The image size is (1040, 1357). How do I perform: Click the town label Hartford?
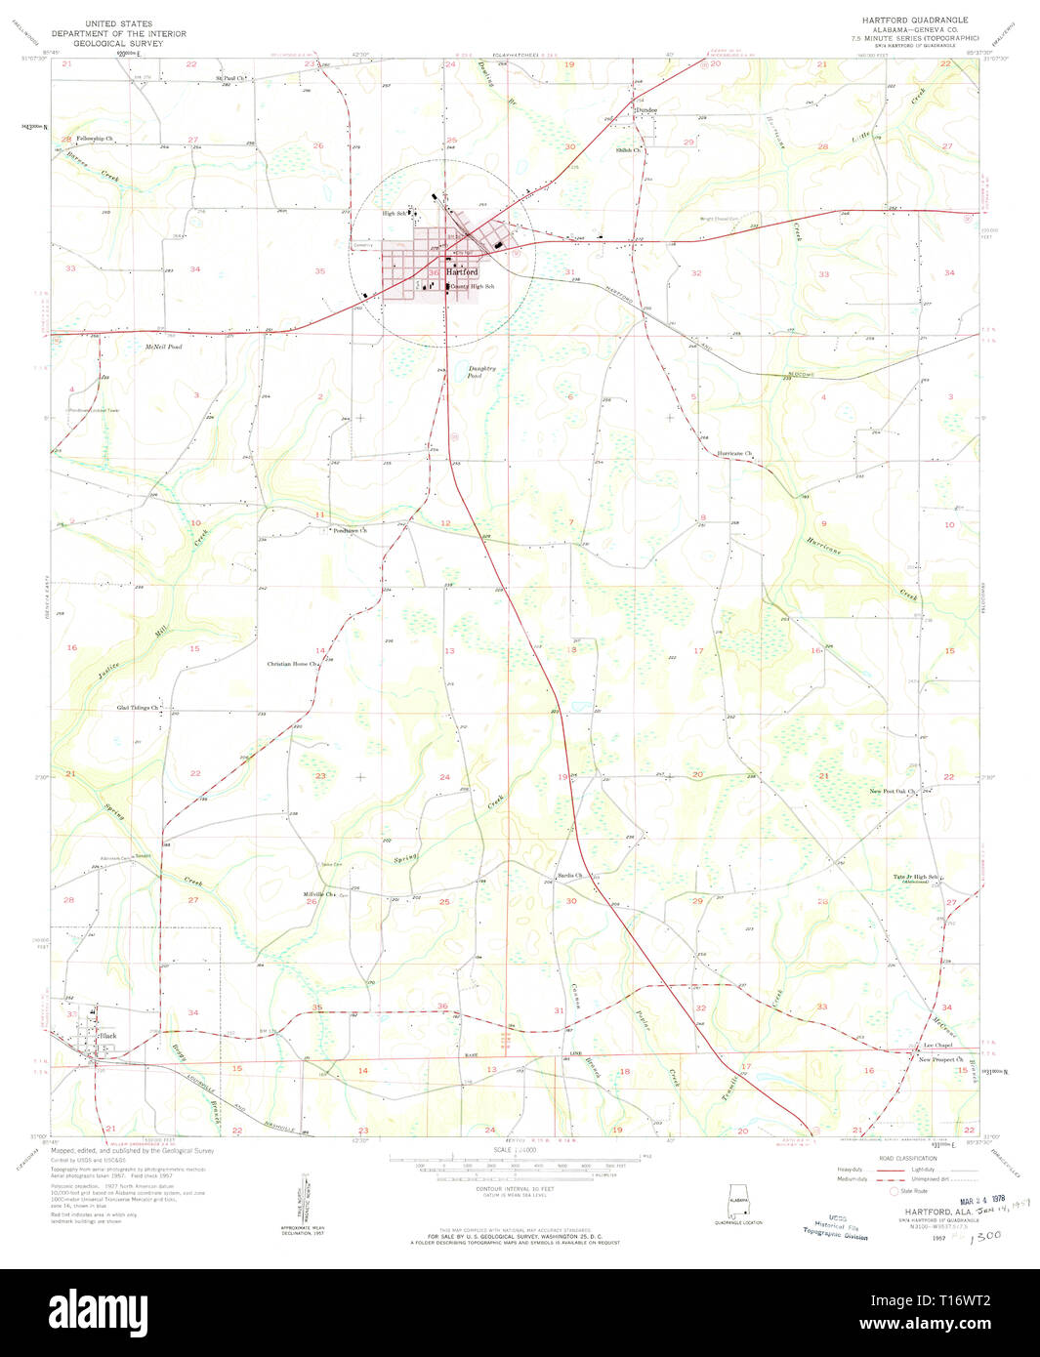[462, 272]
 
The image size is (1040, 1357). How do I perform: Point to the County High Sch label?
[473, 287]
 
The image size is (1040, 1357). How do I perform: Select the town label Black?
[107, 1035]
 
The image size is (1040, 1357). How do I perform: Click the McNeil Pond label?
[163, 347]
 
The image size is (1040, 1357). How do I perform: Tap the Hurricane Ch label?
[734, 454]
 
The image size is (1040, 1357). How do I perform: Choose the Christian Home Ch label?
[292, 664]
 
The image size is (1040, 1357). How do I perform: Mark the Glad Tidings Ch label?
[138, 708]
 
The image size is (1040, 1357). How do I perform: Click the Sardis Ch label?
[569, 876]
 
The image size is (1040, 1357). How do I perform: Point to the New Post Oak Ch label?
[893, 791]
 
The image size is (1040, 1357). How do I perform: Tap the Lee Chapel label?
[937, 1045]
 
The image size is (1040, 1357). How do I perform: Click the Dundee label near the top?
[645, 110]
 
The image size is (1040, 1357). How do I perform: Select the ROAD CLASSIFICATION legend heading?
[907, 1158]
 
